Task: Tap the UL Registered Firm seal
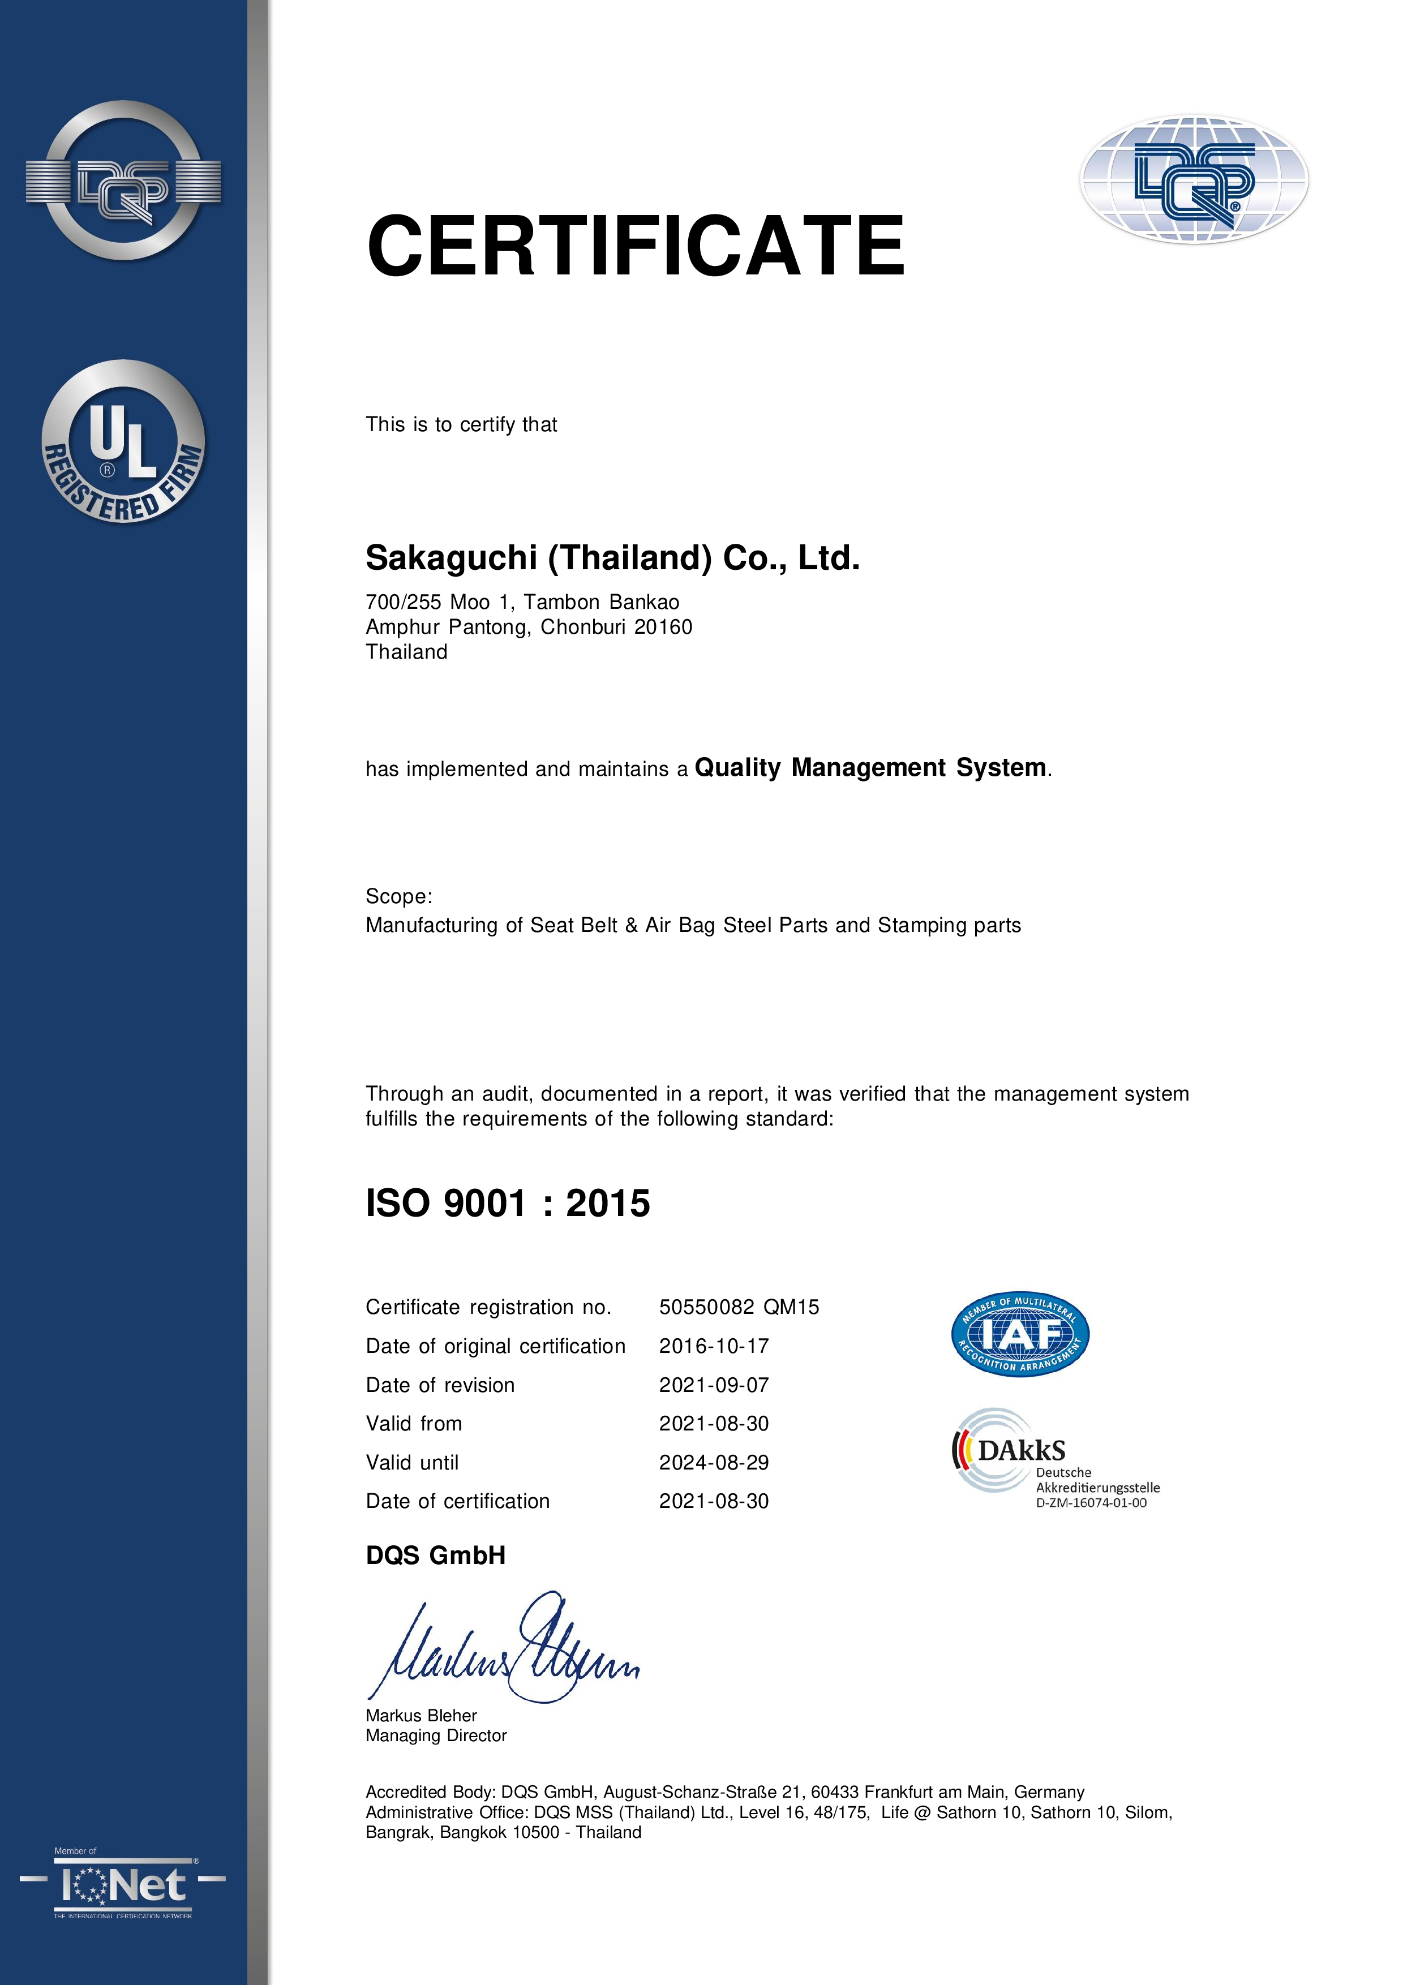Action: click(123, 442)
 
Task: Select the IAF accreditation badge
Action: click(1020, 1335)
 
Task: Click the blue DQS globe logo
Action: click(1194, 181)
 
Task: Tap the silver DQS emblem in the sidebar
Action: click(123, 181)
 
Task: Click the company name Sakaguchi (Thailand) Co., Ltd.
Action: click(612, 558)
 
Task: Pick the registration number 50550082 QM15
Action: click(739, 1307)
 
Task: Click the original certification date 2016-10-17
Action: click(714, 1346)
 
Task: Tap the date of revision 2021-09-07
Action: click(714, 1385)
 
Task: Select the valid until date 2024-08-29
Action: click(714, 1463)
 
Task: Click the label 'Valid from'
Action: click(414, 1424)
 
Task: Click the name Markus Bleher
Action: click(421, 1715)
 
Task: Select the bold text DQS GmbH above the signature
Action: click(436, 1556)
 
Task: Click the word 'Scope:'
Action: click(398, 896)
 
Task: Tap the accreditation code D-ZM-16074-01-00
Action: click(1091, 1502)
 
